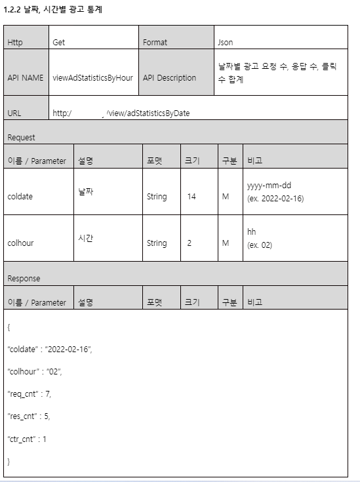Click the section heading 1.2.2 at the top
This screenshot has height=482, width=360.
pyautogui.click(x=53, y=10)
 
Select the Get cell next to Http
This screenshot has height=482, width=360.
pyautogui.click(x=59, y=42)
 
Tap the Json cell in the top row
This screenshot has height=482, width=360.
pyautogui.click(x=225, y=42)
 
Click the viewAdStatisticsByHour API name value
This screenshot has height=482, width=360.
pyautogui.click(x=92, y=77)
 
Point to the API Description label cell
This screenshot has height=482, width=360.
pyautogui.click(x=169, y=77)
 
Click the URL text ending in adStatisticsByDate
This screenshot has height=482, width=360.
pyautogui.click(x=121, y=113)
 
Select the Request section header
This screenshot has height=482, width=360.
pyautogui.click(x=22, y=138)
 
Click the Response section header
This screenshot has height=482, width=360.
pyautogui.click(x=24, y=278)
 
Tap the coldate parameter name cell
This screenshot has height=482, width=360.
pyautogui.click(x=20, y=196)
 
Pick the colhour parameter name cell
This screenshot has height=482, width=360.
pyautogui.click(x=20, y=243)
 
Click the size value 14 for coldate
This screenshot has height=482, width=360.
pyautogui.click(x=191, y=196)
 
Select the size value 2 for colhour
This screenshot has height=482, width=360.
pyautogui.click(x=189, y=243)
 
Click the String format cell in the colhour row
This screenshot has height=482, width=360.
pyautogui.click(x=157, y=243)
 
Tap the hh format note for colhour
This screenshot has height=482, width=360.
pyautogui.click(x=252, y=232)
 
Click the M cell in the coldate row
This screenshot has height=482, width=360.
pyautogui.click(x=225, y=196)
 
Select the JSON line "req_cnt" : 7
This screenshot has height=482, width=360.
pyautogui.click(x=30, y=393)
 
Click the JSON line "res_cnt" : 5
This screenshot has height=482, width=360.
pyautogui.click(x=29, y=416)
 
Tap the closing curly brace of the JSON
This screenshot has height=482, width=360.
pyautogui.click(x=9, y=461)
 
